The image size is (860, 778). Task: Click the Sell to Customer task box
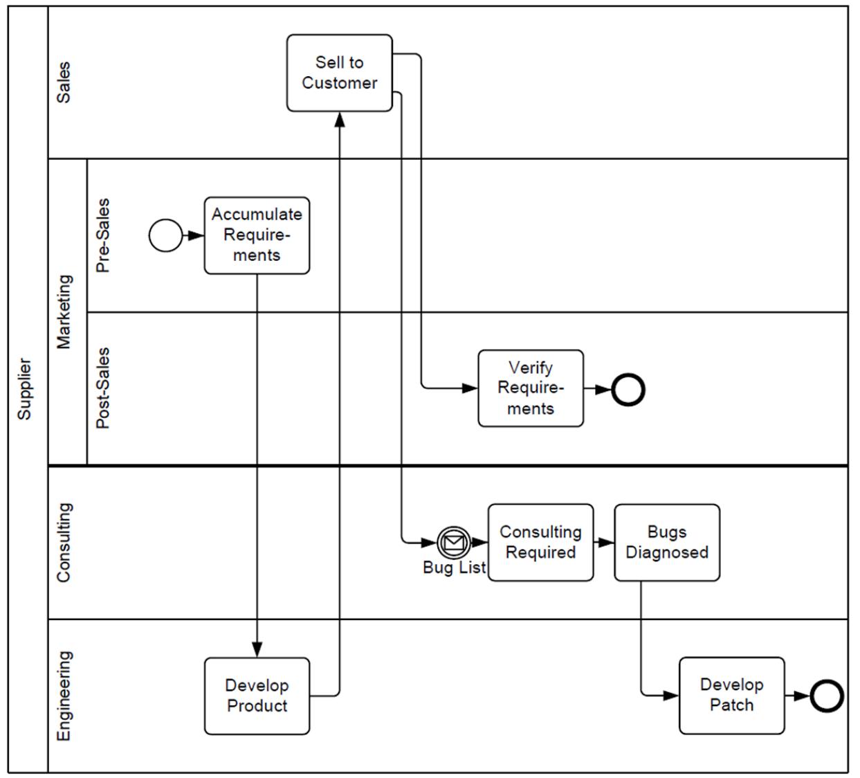[339, 73]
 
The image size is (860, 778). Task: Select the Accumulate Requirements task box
[257, 235]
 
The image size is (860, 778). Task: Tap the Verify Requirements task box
[531, 388]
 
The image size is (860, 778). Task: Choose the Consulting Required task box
[540, 542]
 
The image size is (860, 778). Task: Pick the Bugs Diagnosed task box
[667, 542]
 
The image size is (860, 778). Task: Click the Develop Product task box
[257, 696]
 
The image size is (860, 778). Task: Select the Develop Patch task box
[731, 695]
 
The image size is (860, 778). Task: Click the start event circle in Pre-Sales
[165, 235]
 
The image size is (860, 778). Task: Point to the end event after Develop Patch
[826, 696]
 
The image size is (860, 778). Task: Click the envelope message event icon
[454, 542]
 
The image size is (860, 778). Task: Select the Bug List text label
[454, 568]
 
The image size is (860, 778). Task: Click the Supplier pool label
[25, 389]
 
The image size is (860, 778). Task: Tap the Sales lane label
[64, 83]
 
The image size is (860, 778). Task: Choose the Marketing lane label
[64, 311]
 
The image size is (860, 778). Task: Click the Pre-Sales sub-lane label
[102, 235]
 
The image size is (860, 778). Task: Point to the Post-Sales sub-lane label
[102, 388]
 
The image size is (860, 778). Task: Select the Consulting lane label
[64, 542]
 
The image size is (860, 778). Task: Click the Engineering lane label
[64, 696]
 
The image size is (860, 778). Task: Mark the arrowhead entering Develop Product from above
[257, 649]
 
